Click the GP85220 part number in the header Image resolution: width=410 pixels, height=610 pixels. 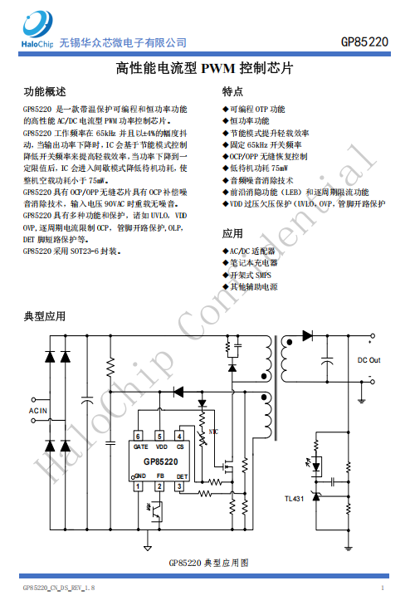pyautogui.click(x=364, y=42)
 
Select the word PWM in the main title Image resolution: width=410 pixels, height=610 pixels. pyautogui.click(x=218, y=68)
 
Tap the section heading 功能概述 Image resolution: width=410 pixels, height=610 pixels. pyautogui.click(x=45, y=92)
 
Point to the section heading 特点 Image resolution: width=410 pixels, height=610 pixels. pyautogui.click(x=232, y=92)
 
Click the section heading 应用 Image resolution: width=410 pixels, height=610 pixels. pyautogui.click(x=232, y=233)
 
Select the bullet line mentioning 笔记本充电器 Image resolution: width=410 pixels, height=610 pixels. pyautogui.click(x=250, y=263)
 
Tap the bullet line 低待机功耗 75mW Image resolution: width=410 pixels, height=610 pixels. pyautogui.click(x=255, y=168)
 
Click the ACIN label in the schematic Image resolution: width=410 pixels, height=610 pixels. pyautogui.click(x=37, y=411)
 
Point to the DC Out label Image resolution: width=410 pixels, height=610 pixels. pyautogui.click(x=369, y=360)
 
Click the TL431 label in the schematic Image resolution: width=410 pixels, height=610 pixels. pyautogui.click(x=294, y=499)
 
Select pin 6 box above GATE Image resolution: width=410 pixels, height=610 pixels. pyautogui.click(x=138, y=436)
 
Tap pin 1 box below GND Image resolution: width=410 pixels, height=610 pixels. pyautogui.click(x=138, y=486)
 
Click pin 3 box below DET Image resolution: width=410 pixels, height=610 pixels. pyautogui.click(x=179, y=486)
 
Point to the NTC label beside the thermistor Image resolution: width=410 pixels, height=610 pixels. pyautogui.click(x=213, y=432)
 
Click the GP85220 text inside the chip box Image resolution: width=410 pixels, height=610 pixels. pyautogui.click(x=161, y=461)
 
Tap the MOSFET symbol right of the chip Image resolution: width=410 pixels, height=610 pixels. pyautogui.click(x=227, y=466)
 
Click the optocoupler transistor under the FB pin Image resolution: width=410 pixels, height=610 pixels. pyautogui.click(x=157, y=510)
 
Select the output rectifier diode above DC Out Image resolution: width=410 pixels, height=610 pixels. pyautogui.click(x=307, y=335)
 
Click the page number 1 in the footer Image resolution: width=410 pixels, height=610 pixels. pyautogui.click(x=383, y=588)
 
